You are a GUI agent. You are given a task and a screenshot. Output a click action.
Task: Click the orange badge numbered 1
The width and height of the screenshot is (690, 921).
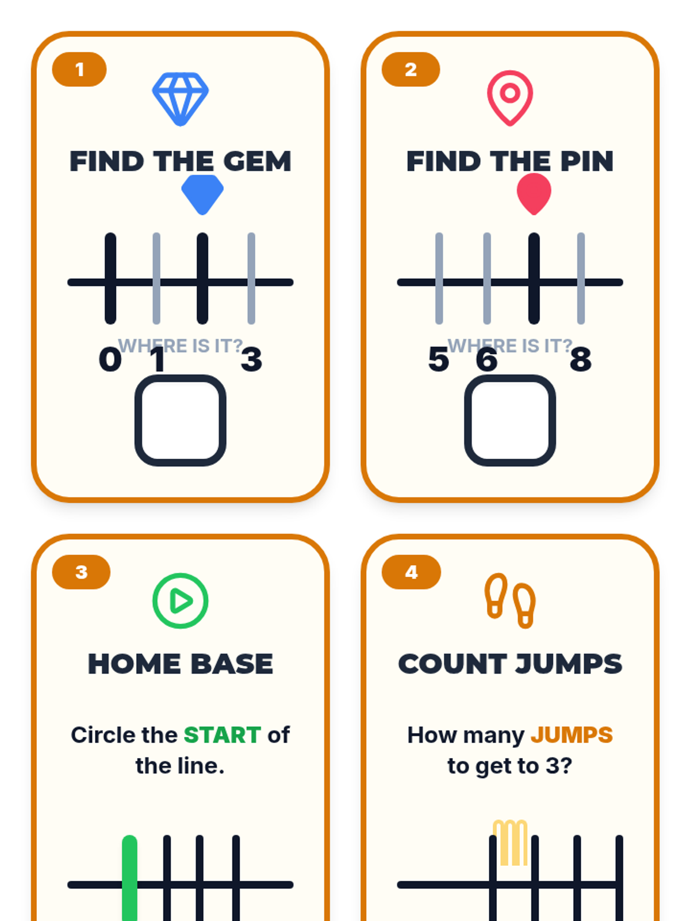pyautogui.click(x=79, y=69)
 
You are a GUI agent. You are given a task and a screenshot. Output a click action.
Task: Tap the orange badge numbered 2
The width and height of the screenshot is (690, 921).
pyautogui.click(x=411, y=69)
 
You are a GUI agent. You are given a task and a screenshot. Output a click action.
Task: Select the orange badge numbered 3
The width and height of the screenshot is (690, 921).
pyautogui.click(x=81, y=572)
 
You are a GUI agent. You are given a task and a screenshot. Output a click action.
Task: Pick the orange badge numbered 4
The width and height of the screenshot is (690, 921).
pyautogui.click(x=411, y=572)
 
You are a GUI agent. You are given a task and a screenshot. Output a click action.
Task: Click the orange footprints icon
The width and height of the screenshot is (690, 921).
pyautogui.click(x=510, y=601)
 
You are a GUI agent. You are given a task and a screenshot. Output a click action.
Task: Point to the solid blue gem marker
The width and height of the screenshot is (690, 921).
pyautogui.click(x=202, y=194)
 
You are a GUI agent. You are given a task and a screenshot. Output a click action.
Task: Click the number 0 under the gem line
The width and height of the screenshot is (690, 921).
pyautogui.click(x=110, y=360)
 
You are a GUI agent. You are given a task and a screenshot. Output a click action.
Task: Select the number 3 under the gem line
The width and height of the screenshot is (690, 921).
pyautogui.click(x=251, y=360)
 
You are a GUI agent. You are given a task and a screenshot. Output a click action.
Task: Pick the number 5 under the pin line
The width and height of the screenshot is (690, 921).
pyautogui.click(x=439, y=360)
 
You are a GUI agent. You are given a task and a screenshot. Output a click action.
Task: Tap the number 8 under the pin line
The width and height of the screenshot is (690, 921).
pyautogui.click(x=581, y=360)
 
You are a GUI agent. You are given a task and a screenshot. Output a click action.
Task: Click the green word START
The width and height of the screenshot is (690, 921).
pyautogui.click(x=223, y=735)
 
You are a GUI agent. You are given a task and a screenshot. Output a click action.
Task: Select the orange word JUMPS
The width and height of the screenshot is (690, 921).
pyautogui.click(x=572, y=735)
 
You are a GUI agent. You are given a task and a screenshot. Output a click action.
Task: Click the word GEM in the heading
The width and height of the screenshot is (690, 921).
pyautogui.click(x=257, y=161)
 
